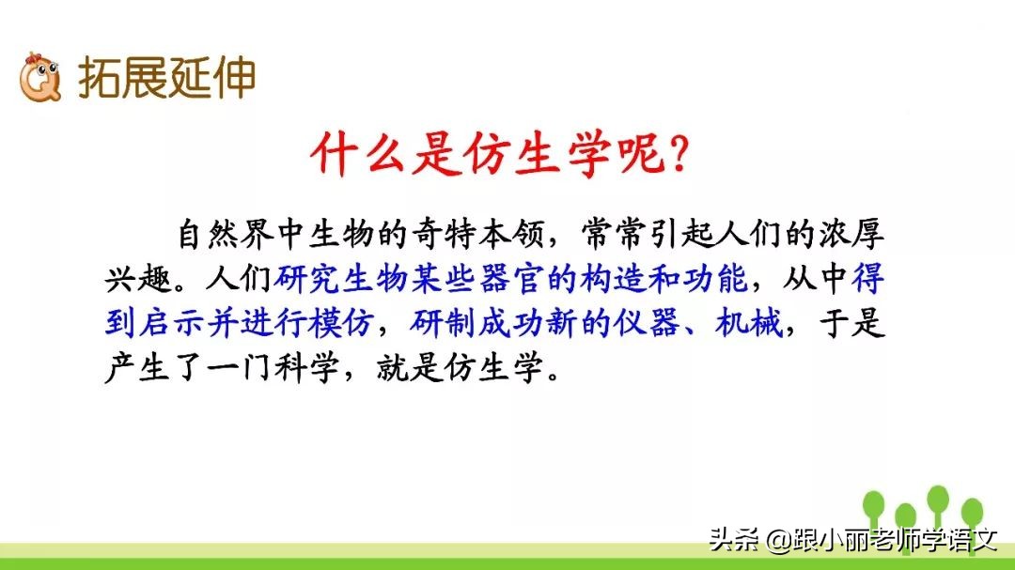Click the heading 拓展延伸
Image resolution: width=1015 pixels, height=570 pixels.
pyautogui.click(x=166, y=79)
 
